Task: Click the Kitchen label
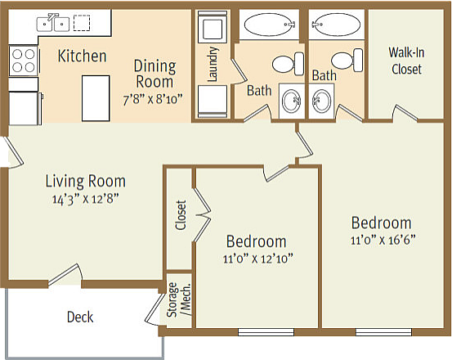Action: pyautogui.click(x=83, y=56)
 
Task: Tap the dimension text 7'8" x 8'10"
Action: pyautogui.click(x=153, y=100)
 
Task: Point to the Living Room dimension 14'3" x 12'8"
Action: pyautogui.click(x=86, y=199)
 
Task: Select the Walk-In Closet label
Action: pyautogui.click(x=406, y=61)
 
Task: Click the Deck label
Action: pyautogui.click(x=80, y=317)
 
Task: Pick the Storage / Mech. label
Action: pyautogui.click(x=179, y=299)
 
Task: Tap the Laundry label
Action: pyautogui.click(x=213, y=64)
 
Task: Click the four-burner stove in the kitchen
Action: pyautogui.click(x=24, y=61)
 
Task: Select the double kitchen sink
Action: pyautogui.click(x=53, y=23)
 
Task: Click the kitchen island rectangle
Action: pyautogui.click(x=96, y=98)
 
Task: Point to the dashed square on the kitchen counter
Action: pyautogui.click(x=82, y=23)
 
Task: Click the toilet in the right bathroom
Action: pyautogui.click(x=347, y=61)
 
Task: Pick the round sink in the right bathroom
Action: pyautogui.click(x=321, y=101)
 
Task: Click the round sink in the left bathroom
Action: pyautogui.click(x=292, y=101)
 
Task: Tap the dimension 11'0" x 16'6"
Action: pyautogui.click(x=383, y=240)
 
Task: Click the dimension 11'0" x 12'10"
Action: pyautogui.click(x=258, y=259)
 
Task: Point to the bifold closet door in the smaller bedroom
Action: pyautogui.click(x=202, y=215)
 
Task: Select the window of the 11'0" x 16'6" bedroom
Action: pyautogui.click(x=383, y=332)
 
